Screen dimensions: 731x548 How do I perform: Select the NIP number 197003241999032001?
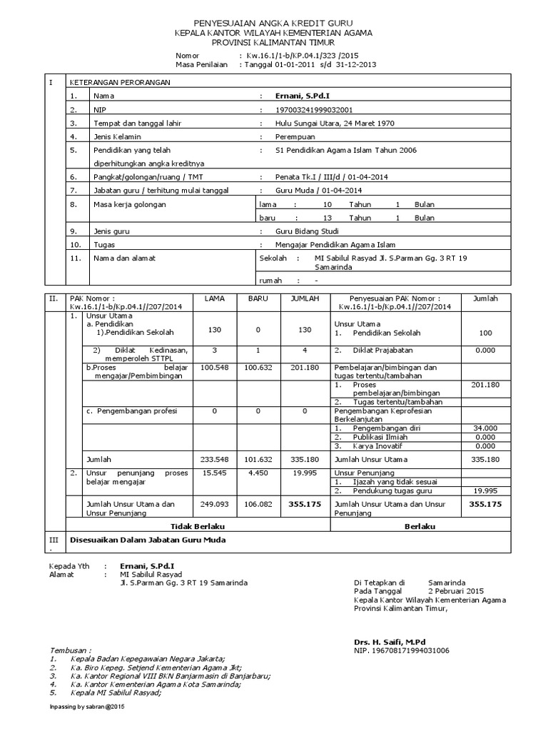tap(315, 109)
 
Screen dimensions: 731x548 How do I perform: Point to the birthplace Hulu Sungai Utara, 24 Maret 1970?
tap(334, 123)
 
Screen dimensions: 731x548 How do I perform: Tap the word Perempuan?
tap(296, 136)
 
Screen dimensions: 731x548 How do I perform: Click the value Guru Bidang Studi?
tap(308, 232)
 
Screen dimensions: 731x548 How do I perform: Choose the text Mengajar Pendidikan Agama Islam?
tap(331, 245)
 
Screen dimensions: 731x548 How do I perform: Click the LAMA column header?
tap(214, 298)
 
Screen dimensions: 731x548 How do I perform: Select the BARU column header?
tap(258, 298)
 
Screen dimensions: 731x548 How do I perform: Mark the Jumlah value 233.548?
tap(214, 460)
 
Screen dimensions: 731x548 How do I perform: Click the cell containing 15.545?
tap(214, 473)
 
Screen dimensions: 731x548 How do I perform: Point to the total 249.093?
tap(214, 504)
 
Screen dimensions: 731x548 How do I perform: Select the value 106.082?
tap(258, 504)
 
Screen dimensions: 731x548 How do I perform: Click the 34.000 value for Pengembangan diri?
tap(484, 428)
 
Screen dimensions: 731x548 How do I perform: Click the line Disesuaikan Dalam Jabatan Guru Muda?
tap(147, 540)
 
